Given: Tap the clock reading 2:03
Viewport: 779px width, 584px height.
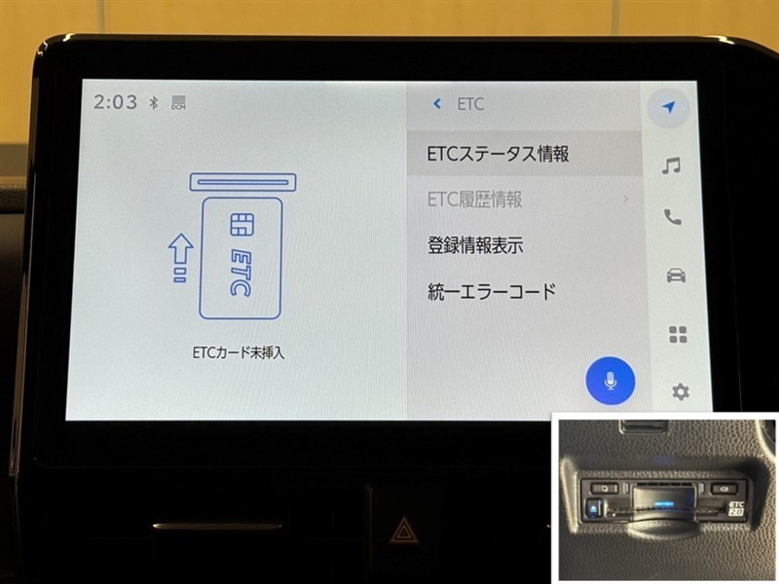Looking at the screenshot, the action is pos(115,102).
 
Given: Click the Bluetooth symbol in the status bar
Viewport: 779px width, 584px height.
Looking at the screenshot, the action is pos(154,102).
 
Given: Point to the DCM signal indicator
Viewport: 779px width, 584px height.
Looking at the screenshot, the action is pos(178,102).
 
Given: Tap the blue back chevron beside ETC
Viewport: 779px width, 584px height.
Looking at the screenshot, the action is pos(437,103).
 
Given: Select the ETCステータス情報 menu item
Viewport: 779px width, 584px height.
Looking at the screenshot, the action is pos(498,154).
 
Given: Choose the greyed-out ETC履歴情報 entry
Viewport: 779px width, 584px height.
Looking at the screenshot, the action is pos(474,200).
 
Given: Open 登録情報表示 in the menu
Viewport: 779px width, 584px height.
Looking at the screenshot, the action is pos(475,245).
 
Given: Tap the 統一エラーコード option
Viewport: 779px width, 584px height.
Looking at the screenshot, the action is pos(492,291).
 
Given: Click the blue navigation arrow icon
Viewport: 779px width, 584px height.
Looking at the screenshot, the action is pos(669,107).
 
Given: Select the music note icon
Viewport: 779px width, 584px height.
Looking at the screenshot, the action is pos(671,165).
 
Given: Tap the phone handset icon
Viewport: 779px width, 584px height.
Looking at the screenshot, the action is pos(673,217).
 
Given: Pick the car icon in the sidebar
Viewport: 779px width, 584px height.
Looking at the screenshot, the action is pos(676,274).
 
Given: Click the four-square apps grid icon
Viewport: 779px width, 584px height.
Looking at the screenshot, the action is pos(678,334).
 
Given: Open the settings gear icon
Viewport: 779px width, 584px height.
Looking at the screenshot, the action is pos(681,392).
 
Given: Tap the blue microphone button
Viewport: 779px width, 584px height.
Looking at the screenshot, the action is pos(611,382).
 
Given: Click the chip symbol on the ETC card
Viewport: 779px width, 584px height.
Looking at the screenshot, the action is pos(241,225).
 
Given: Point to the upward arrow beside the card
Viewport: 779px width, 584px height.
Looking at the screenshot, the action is pos(180,258).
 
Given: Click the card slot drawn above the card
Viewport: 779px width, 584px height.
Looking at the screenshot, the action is pos(242,182).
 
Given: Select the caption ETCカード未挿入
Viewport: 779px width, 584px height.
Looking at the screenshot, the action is pos(239,352).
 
